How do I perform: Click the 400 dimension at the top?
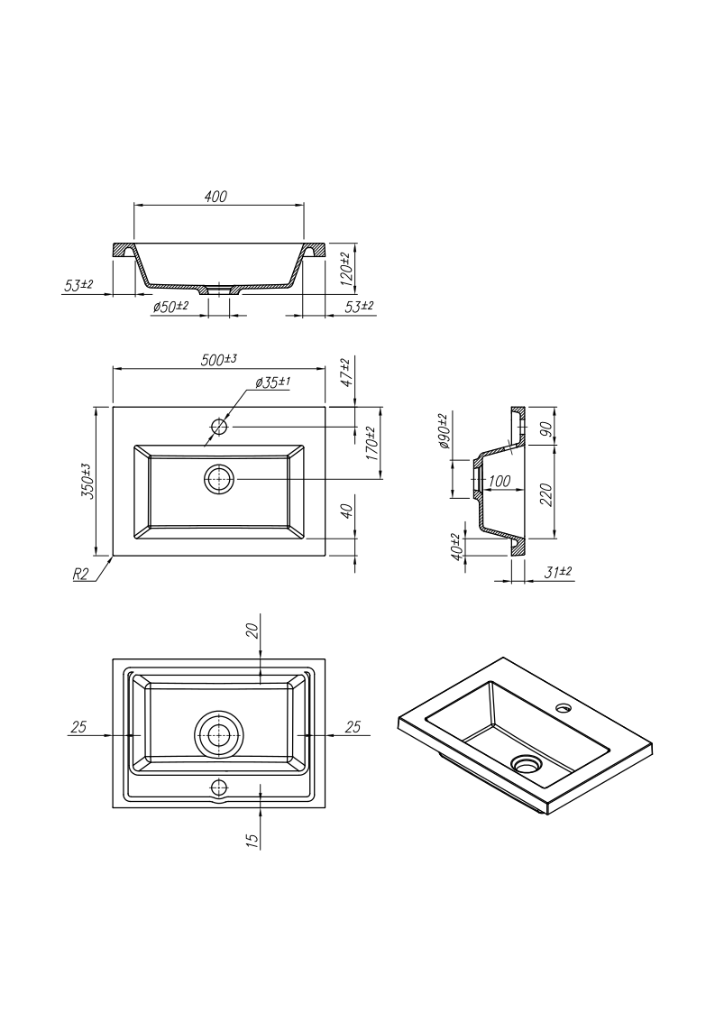point(215,197)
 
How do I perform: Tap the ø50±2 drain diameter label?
point(170,307)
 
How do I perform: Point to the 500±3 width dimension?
point(219,359)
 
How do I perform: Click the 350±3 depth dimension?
point(88,481)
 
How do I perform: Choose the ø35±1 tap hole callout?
point(273,382)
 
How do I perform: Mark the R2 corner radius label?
point(81,575)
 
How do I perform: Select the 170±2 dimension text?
point(372,443)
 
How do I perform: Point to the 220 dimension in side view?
point(545,494)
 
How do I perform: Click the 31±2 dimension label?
point(558,572)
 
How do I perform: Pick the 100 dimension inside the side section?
point(500,482)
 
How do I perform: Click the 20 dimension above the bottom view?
point(253,630)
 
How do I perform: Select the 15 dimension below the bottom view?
point(253,839)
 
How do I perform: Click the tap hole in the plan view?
point(220,427)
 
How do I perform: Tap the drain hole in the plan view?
point(220,479)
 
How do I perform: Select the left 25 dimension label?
point(78,727)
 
